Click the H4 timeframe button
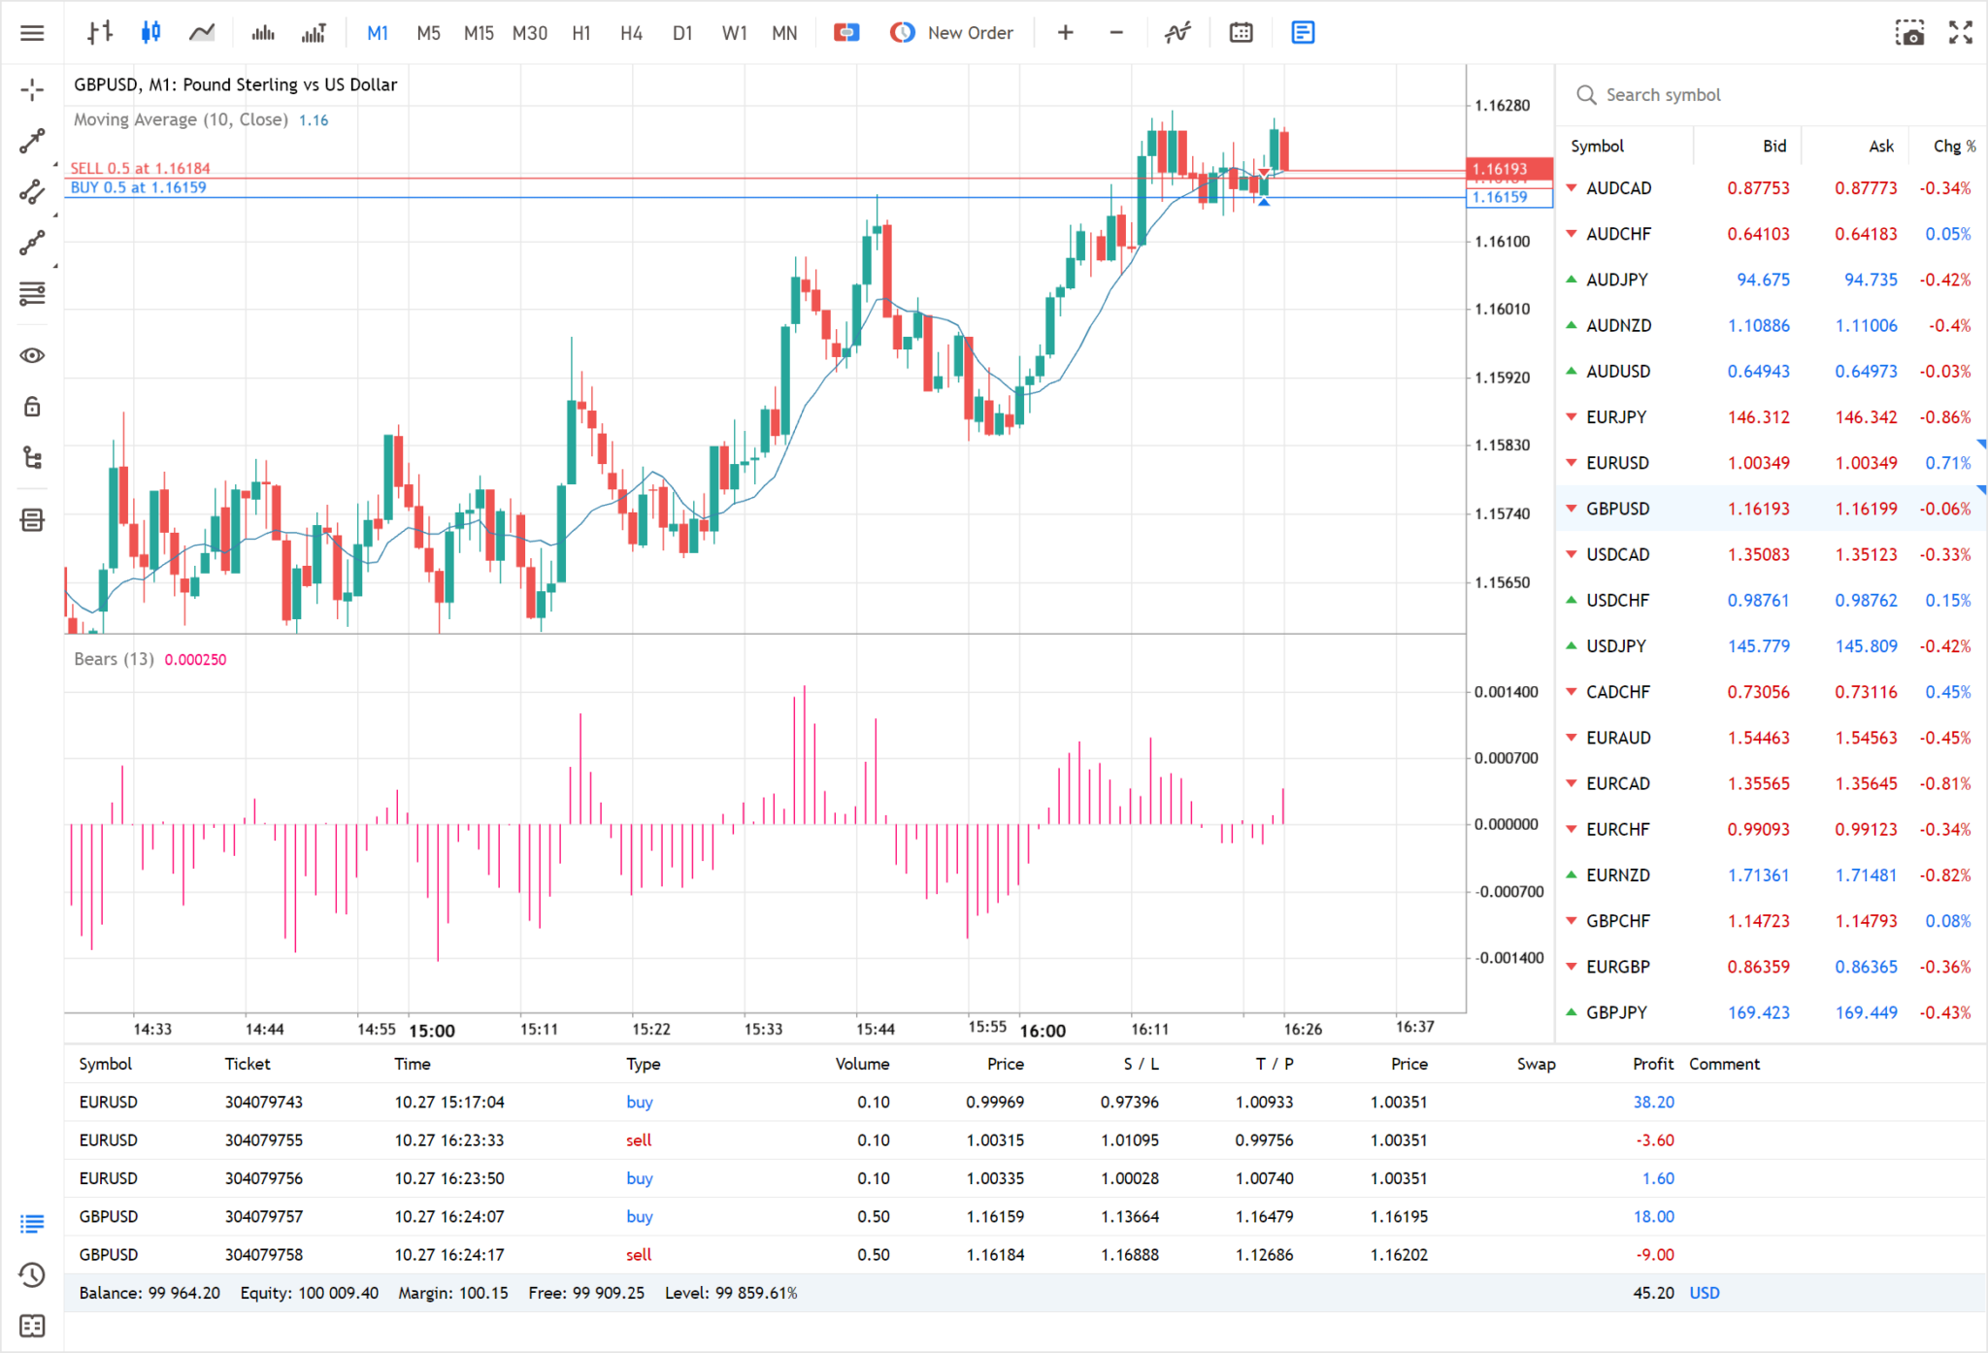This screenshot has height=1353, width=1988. pyautogui.click(x=631, y=33)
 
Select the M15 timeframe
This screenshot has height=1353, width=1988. pyautogui.click(x=479, y=33)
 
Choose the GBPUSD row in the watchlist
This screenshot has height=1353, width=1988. pyautogui.click(x=1617, y=509)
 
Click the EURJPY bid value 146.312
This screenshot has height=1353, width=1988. pyautogui.click(x=1758, y=417)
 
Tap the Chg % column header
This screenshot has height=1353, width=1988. pyautogui.click(x=1953, y=147)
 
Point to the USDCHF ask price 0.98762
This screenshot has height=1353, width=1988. pyautogui.click(x=1865, y=601)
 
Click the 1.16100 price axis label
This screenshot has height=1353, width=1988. pyautogui.click(x=1502, y=242)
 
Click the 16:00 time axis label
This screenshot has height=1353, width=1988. pyautogui.click(x=1043, y=1031)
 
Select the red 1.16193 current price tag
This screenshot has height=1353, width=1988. pyautogui.click(x=1500, y=169)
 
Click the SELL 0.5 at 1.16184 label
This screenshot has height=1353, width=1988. pyautogui.click(x=140, y=169)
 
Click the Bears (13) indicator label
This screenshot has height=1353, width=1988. pyautogui.click(x=114, y=659)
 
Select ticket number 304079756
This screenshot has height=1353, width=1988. pyautogui.click(x=264, y=1178)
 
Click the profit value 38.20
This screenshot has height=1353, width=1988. pyautogui.click(x=1653, y=1103)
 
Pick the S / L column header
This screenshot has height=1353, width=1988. pyautogui.click(x=1141, y=1065)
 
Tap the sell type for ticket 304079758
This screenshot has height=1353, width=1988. pyautogui.click(x=639, y=1255)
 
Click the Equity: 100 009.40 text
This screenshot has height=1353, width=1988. pyautogui.click(x=309, y=1293)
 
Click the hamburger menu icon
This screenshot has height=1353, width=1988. pyautogui.click(x=32, y=33)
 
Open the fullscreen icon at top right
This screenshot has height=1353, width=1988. pyautogui.click(x=1960, y=33)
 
